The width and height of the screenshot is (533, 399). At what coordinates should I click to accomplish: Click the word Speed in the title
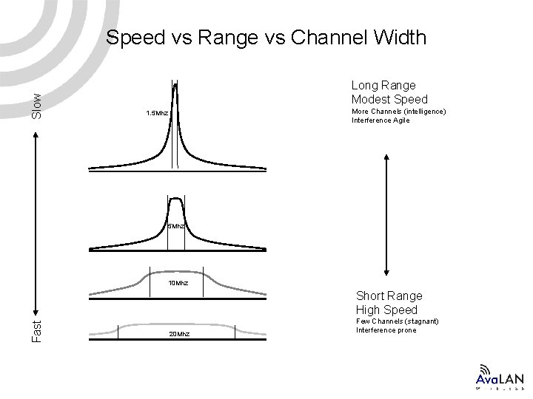coord(133,38)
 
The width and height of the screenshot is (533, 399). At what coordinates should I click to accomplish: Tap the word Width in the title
coord(400,38)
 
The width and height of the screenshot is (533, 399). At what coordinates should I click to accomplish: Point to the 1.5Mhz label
coord(156,114)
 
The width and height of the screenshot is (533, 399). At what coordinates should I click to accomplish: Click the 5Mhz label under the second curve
coord(175,226)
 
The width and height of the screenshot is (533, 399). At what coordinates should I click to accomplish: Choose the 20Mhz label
coord(178,334)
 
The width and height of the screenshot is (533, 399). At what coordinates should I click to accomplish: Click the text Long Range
coord(383,86)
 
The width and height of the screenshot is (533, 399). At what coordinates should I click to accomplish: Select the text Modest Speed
coord(389,100)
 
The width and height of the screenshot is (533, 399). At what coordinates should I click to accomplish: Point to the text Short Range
coord(389,296)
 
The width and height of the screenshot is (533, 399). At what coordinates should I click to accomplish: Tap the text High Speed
coord(386,310)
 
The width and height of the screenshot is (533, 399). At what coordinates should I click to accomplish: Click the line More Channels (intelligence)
coord(398,112)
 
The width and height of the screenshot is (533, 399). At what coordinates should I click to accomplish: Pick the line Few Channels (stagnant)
coord(397,321)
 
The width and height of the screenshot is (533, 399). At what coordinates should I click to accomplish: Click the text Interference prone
coord(386,330)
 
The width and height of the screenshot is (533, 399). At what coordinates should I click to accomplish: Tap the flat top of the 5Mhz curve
coord(175,199)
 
